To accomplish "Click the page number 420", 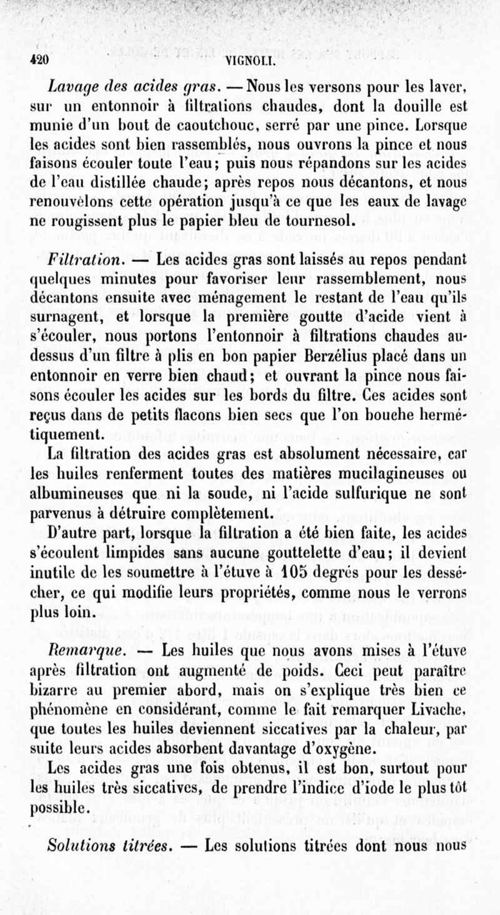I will [38, 61].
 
